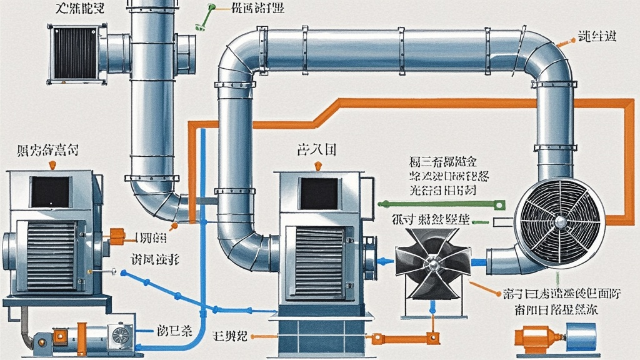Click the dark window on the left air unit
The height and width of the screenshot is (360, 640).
coord(51,192)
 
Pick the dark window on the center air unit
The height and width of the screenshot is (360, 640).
coord(319,193)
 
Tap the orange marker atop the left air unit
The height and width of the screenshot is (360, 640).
coord(51,165)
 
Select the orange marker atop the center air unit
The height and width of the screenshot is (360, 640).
coord(319,166)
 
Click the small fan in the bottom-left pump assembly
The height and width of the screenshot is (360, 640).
coord(118,335)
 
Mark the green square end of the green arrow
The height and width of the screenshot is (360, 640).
coord(499,204)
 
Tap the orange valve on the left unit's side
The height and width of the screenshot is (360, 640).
coord(117,236)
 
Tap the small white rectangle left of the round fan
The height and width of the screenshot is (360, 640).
coord(500,222)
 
